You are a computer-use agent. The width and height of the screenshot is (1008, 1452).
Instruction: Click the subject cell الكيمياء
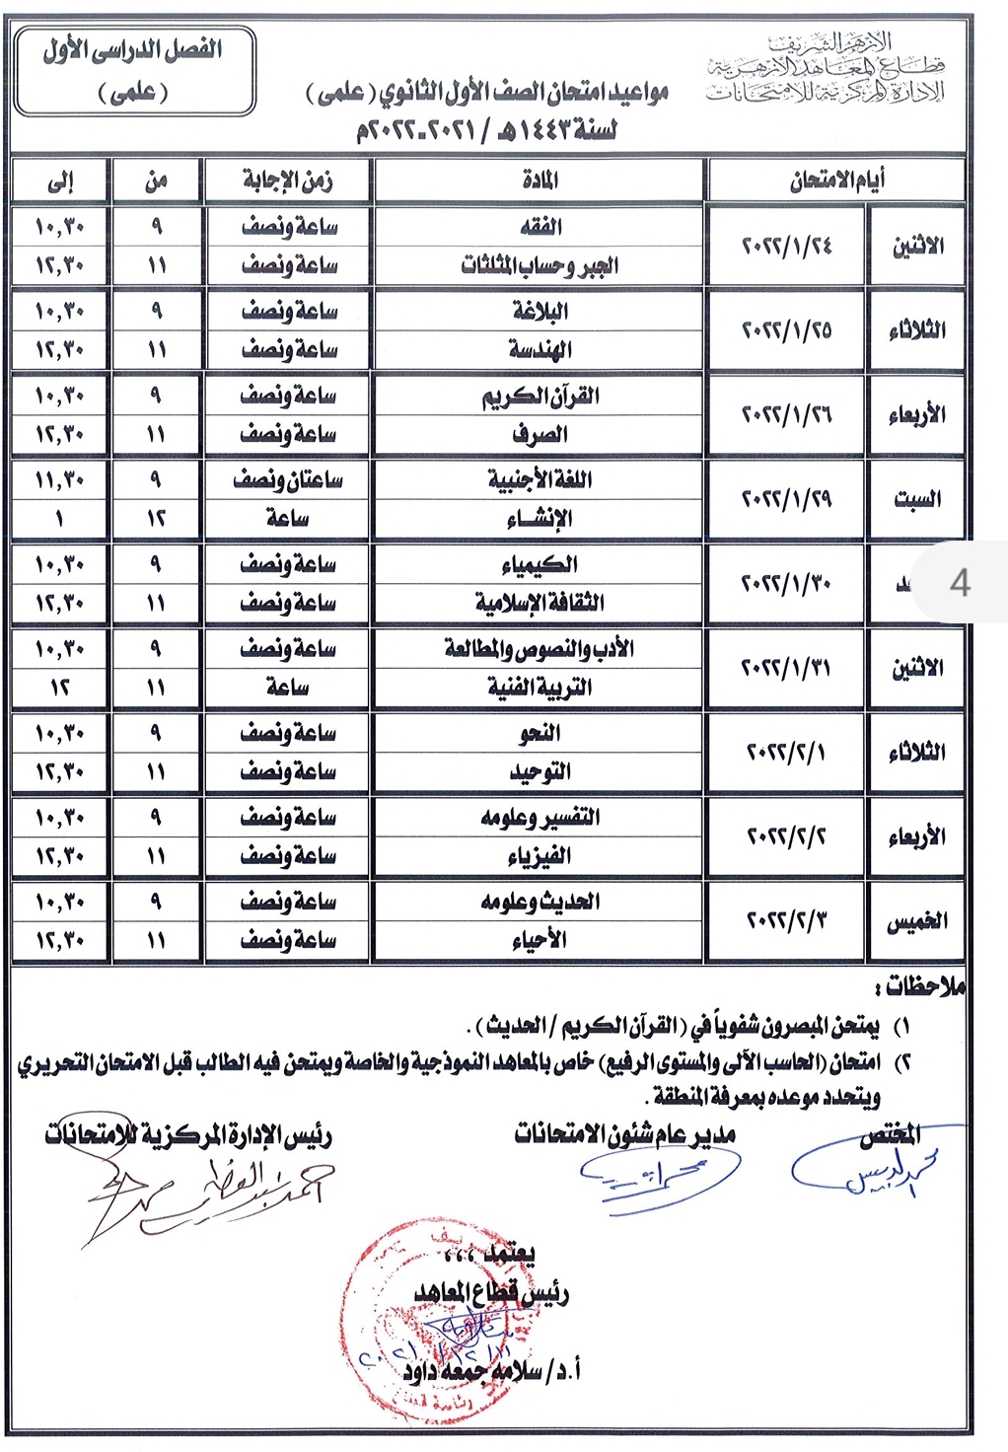coord(539,564)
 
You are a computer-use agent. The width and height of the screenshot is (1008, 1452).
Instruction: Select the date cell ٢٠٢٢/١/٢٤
coord(786,246)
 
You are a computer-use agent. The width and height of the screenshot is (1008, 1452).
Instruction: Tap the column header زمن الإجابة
coord(288,181)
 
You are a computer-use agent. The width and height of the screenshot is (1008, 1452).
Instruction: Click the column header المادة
coord(540,181)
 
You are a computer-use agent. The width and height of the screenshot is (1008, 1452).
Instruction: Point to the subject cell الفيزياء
coord(539,856)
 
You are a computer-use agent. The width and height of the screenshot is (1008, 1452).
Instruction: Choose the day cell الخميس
coord(916,921)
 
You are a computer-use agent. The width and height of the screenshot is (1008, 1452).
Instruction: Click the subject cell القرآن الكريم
coord(540,396)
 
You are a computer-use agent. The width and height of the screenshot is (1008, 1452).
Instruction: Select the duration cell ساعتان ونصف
coord(288,480)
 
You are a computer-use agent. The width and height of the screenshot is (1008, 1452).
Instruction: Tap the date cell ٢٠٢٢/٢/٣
coord(786,921)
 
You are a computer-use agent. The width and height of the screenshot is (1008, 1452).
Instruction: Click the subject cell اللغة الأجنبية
coord(539,480)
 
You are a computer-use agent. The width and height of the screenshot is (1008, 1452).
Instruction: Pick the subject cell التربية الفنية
coord(539,688)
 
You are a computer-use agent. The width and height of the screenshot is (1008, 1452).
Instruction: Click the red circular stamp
coord(434,1312)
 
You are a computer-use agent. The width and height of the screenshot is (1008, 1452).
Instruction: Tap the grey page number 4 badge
coord(959,582)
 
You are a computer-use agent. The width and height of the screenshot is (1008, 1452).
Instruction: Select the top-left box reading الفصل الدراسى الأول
coord(134,70)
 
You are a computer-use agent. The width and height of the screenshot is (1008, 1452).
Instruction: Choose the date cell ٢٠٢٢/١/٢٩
coord(786,499)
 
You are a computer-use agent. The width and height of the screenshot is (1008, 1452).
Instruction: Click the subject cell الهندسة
coord(540,349)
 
